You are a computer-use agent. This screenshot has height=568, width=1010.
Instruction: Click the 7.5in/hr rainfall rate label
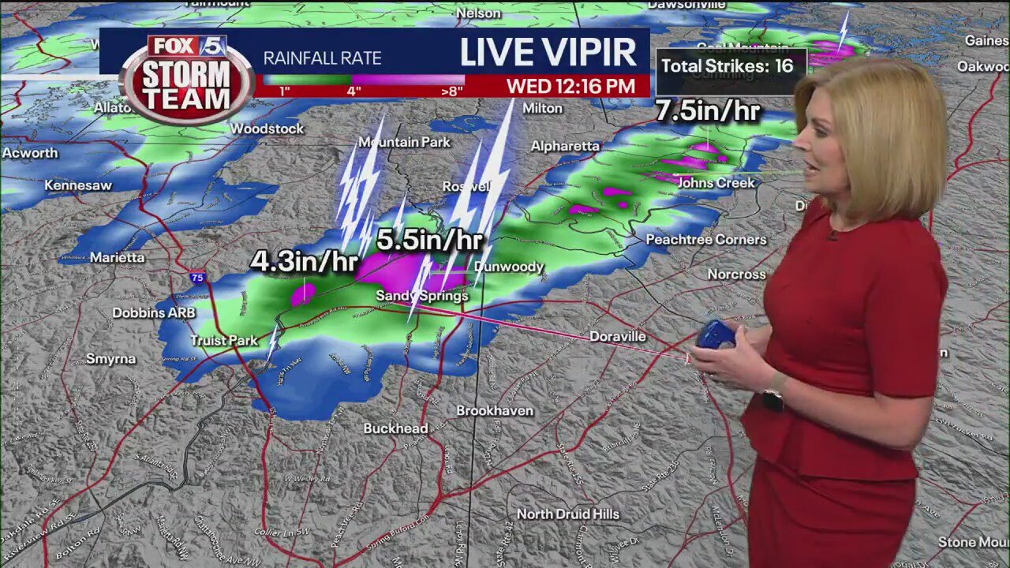[x=708, y=111]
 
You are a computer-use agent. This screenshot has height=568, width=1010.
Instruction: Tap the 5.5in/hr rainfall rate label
[x=429, y=240]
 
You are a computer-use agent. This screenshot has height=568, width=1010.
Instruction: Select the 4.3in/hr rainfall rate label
[x=304, y=262]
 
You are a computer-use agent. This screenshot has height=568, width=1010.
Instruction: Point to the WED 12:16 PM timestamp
[x=570, y=86]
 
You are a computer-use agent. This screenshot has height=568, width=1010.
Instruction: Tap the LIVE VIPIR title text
[x=548, y=52]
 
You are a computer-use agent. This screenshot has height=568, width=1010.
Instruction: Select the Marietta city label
[x=117, y=257]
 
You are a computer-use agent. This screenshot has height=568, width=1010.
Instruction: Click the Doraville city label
[x=618, y=336]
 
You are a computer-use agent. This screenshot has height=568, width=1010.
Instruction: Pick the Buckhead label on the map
[x=395, y=428]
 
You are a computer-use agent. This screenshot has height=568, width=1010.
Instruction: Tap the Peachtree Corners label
[x=706, y=239]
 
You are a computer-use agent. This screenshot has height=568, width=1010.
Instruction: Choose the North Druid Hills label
[x=568, y=514]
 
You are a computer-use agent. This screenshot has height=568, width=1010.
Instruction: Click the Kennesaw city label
[x=77, y=185]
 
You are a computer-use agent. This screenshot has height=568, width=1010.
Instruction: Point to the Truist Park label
[x=223, y=341]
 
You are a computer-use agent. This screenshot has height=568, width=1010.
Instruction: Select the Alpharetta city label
[x=565, y=146]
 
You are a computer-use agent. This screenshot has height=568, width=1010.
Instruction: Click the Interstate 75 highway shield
[x=197, y=277]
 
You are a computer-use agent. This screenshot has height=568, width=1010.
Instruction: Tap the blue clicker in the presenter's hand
[x=716, y=334]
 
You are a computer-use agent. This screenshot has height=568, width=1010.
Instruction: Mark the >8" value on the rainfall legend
[x=452, y=91]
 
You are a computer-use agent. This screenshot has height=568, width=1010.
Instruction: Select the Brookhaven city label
[x=495, y=410]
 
